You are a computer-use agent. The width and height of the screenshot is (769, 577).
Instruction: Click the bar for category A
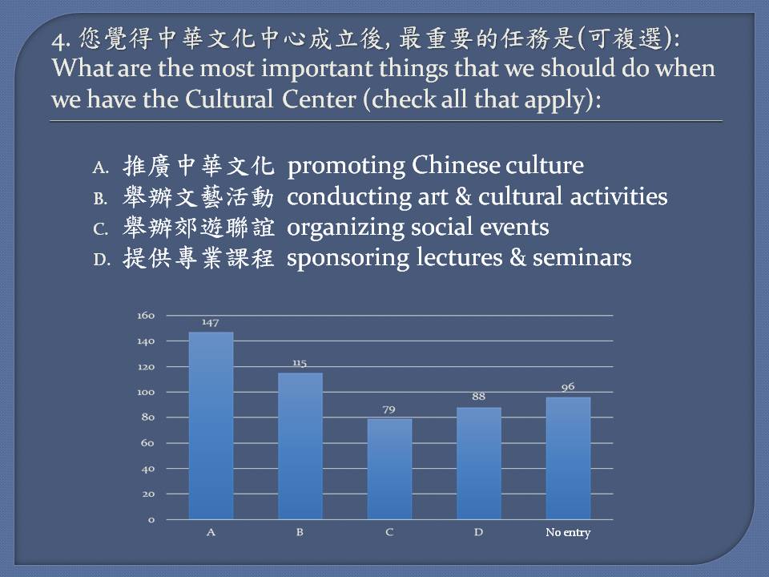click(211, 426)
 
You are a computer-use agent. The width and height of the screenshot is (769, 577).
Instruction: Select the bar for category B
click(300, 446)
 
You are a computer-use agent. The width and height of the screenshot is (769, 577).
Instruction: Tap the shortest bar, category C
click(389, 469)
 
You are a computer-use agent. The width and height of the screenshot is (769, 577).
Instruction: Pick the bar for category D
click(479, 463)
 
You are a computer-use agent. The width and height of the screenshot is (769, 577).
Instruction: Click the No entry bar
click(568, 458)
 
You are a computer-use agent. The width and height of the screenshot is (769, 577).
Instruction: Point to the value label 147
click(211, 322)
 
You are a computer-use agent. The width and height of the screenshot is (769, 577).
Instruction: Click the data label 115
click(300, 363)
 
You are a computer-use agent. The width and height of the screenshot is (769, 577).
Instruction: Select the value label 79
click(389, 410)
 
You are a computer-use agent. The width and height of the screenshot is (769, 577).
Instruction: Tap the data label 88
click(479, 397)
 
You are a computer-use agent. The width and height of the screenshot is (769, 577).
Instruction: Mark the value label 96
click(568, 386)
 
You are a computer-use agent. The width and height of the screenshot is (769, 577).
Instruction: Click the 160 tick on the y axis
click(146, 316)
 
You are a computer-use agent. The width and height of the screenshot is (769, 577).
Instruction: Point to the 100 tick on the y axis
click(146, 392)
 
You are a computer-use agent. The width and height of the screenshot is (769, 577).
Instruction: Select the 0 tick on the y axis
click(151, 519)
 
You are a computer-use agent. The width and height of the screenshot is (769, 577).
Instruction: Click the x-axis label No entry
click(568, 532)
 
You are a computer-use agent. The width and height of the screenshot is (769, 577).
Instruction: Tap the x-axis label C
click(389, 532)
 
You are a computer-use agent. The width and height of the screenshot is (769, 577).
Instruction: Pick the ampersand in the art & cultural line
click(463, 196)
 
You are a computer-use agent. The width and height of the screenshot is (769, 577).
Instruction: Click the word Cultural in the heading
click(229, 99)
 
